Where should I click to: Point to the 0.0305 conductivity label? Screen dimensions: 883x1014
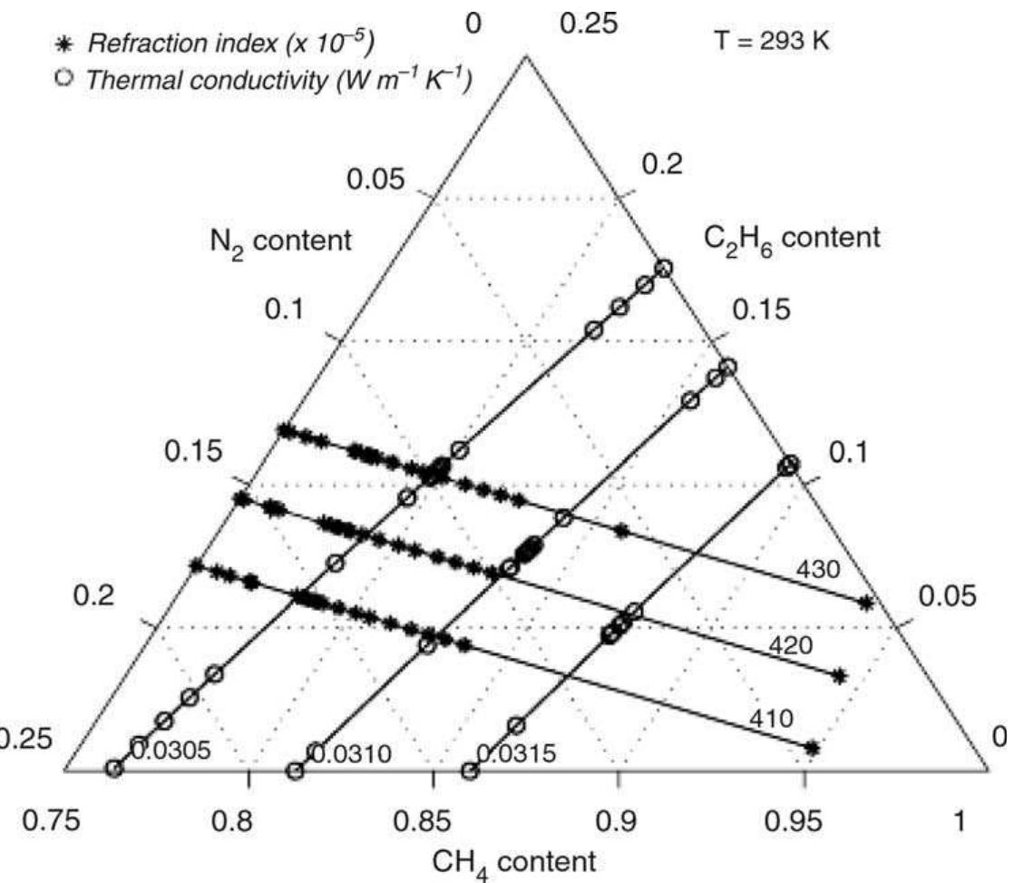(171, 749)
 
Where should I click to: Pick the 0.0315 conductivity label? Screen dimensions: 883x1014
(518, 752)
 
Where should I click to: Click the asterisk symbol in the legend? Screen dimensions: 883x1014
(63, 44)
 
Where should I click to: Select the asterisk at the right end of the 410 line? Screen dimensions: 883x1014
(812, 748)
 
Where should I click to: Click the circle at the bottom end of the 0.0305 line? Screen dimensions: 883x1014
(113, 769)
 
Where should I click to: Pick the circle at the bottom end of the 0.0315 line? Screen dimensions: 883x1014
(470, 771)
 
